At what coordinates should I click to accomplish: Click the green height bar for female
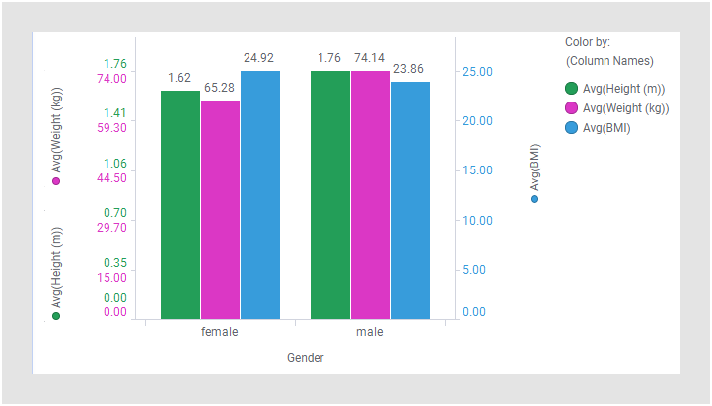point(180,205)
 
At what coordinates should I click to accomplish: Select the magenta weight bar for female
point(220,210)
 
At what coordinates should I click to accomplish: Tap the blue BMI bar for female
point(260,195)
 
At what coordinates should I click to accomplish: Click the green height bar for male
point(330,195)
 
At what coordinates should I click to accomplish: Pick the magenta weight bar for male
point(370,195)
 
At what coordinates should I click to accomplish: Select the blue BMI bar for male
point(410,201)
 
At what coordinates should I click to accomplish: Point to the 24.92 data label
point(258,58)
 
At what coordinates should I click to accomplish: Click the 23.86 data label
point(408,69)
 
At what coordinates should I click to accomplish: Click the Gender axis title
point(305,358)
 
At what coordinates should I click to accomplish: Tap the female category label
point(219,332)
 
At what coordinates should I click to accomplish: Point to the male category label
point(370,332)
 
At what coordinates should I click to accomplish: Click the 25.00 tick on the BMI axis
point(476,72)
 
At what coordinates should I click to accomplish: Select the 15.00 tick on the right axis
point(476,170)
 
